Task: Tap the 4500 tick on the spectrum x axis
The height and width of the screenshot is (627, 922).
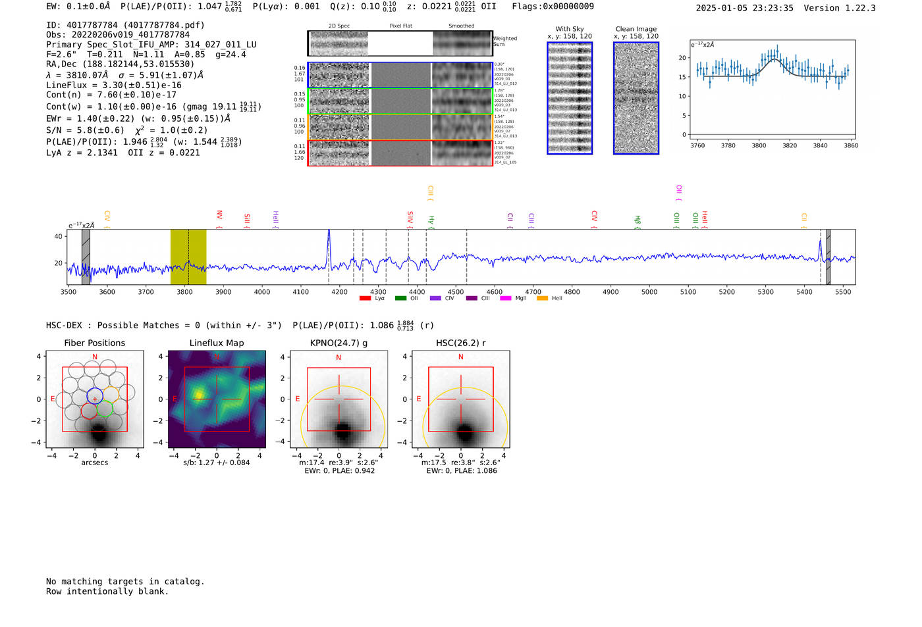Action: (x=456, y=292)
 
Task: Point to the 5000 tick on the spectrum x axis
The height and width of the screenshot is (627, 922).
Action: (x=649, y=292)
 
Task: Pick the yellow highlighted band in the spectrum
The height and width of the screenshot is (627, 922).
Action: (x=188, y=257)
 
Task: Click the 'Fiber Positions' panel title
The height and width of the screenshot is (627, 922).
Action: (x=95, y=343)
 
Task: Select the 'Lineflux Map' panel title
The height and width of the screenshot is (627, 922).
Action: (x=217, y=343)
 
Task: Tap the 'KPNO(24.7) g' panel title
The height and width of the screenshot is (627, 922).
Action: (x=339, y=343)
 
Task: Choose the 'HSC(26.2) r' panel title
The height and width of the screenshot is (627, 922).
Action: (x=460, y=343)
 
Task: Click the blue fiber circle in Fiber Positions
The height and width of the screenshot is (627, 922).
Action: (x=95, y=396)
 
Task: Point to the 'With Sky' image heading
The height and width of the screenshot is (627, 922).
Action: (x=570, y=29)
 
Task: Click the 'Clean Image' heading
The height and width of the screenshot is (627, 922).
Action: (x=636, y=29)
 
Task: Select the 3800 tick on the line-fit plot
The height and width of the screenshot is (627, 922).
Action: (x=759, y=145)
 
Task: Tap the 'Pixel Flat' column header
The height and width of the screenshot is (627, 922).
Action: (x=400, y=26)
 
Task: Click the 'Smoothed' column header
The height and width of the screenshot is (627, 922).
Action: (x=461, y=26)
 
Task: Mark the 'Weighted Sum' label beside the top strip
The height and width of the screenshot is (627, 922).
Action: (x=505, y=41)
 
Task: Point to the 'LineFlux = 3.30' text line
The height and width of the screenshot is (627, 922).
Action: (x=114, y=85)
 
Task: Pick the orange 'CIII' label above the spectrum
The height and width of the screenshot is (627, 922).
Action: (x=430, y=192)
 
